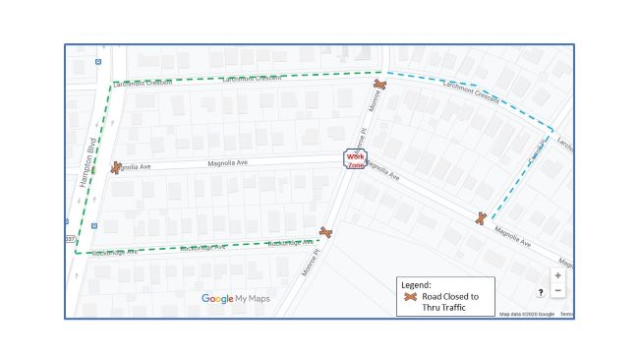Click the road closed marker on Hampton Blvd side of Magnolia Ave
pyautogui.click(x=116, y=167)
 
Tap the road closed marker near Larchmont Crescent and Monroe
pyautogui.click(x=379, y=86)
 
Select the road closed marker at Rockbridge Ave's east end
pyautogui.click(x=325, y=232)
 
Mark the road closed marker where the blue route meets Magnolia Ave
pyautogui.click(x=480, y=218)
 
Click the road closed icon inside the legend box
pyautogui.click(x=411, y=296)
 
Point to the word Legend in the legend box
pyautogui.click(x=418, y=284)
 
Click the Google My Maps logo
pyautogui.click(x=236, y=299)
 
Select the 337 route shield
pyautogui.click(x=69, y=238)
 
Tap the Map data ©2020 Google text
pyautogui.click(x=527, y=314)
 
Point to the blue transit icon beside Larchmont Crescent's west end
pyautogui.click(x=96, y=61)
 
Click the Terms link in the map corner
pyautogui.click(x=567, y=314)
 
